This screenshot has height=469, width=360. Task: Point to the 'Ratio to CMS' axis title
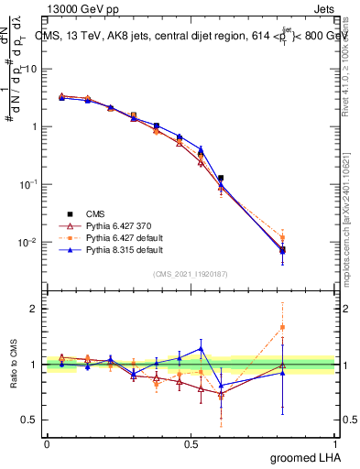[x=16, y=365]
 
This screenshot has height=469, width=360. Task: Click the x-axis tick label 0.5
[x=191, y=443]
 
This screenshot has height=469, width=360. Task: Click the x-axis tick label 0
[x=47, y=443]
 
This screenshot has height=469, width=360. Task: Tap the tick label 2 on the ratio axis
[x=34, y=309]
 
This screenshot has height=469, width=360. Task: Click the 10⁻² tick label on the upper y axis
[x=27, y=242]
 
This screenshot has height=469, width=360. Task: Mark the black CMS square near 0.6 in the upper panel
[x=221, y=178]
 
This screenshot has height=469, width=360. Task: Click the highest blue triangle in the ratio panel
[x=201, y=348]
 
